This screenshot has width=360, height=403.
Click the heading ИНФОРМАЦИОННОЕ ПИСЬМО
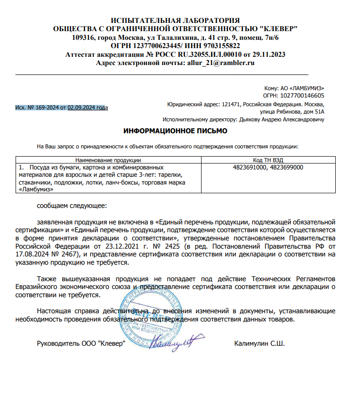click(175, 131)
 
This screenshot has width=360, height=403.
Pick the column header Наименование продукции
click(108, 160)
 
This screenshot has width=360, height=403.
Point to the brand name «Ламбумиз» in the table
click(36, 189)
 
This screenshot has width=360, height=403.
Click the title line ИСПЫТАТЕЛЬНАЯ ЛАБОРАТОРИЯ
click(175, 21)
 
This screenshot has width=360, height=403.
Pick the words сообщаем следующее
click(71, 205)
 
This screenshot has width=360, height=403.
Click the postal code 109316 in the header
click(84, 38)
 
